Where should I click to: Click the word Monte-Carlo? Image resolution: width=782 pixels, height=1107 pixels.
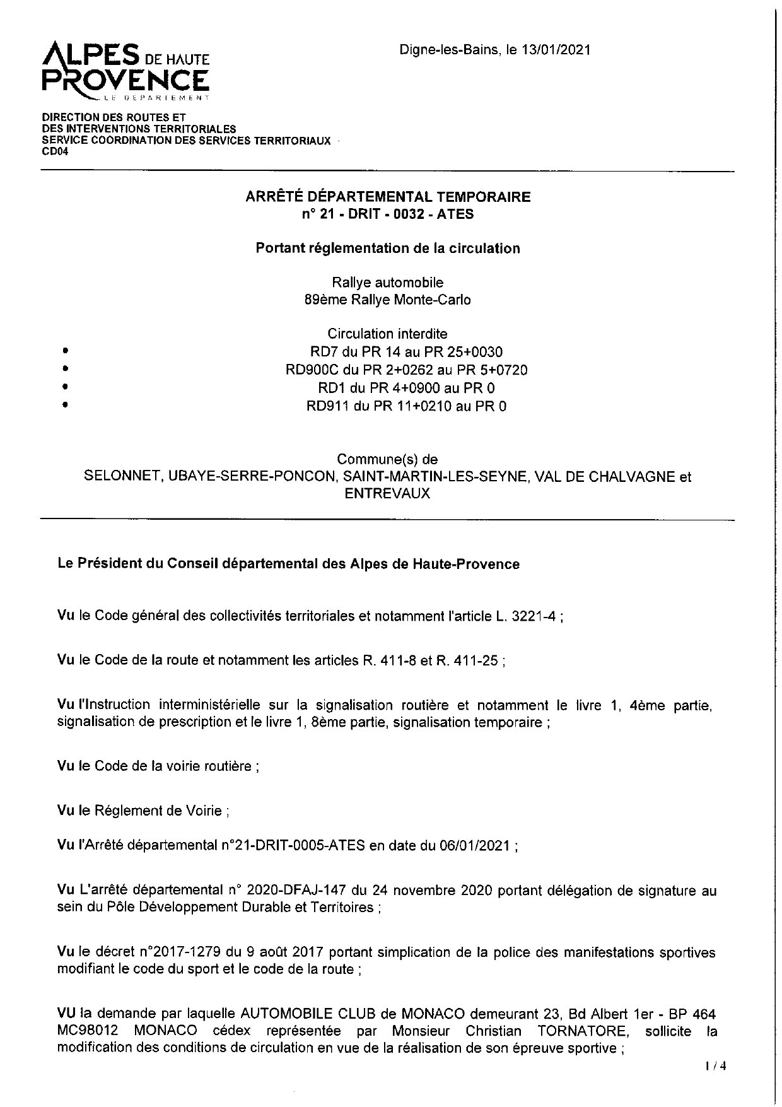click(432, 300)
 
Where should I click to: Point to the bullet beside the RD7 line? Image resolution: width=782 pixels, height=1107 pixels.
click(65, 351)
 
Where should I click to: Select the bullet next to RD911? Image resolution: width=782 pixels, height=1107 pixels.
click(65, 406)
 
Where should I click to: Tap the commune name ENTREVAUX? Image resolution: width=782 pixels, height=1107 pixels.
click(387, 494)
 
